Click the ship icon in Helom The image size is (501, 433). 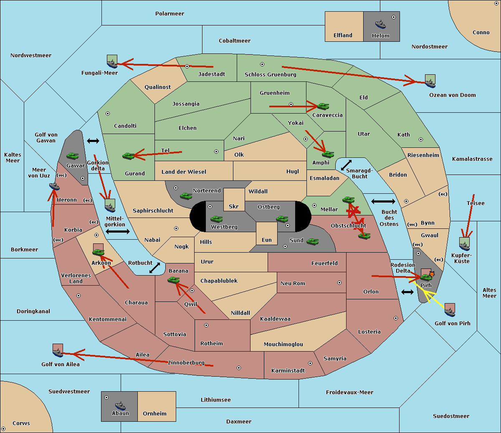(380, 24)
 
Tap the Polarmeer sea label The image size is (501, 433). (170, 14)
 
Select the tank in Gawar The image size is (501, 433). (73, 156)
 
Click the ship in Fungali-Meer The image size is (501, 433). (112, 63)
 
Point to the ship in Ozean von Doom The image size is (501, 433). (430, 82)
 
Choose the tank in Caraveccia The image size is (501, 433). (323, 106)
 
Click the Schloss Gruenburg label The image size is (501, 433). (270, 75)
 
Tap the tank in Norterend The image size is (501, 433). (186, 196)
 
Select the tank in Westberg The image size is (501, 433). (216, 219)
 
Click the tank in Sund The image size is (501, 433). (312, 241)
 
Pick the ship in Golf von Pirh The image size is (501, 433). (450, 311)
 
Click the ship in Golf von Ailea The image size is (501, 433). (58, 352)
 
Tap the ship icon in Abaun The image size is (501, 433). (120, 405)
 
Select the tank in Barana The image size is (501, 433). (173, 280)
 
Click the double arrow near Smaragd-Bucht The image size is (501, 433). (347, 165)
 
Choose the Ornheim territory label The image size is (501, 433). (154, 414)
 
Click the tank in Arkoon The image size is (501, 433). (98, 252)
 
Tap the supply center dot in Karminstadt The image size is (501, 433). (310, 363)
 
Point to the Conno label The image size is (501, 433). (481, 33)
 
